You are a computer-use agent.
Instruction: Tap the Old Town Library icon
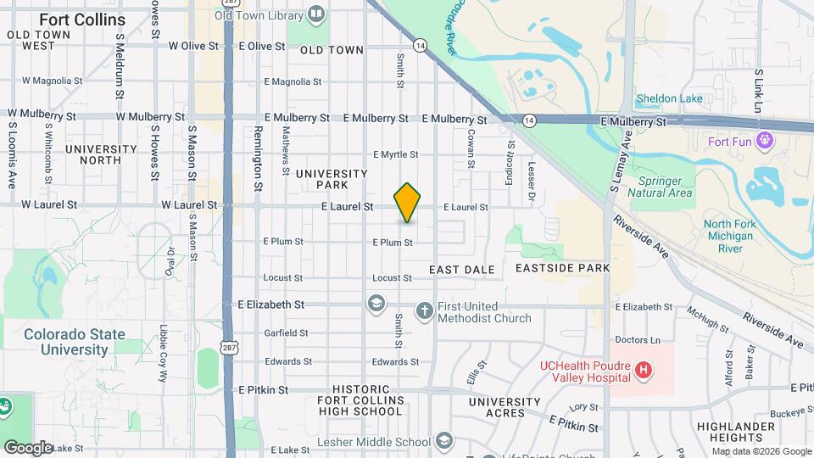pyautogui.click(x=316, y=14)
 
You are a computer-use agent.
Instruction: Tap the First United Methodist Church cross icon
pyautogui.click(x=425, y=311)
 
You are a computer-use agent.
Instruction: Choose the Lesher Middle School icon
pyautogui.click(x=444, y=441)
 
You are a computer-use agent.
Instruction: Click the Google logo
pyautogui.click(x=28, y=447)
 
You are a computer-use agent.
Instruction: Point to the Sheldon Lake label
pyautogui.click(x=669, y=98)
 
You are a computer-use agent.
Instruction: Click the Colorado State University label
pyautogui.click(x=74, y=342)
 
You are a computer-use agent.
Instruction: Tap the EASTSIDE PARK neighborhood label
pyautogui.click(x=562, y=268)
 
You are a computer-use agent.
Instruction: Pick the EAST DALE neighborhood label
pyautogui.click(x=461, y=270)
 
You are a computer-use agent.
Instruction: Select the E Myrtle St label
pyautogui.click(x=396, y=154)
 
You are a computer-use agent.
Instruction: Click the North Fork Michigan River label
pyautogui.click(x=728, y=236)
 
